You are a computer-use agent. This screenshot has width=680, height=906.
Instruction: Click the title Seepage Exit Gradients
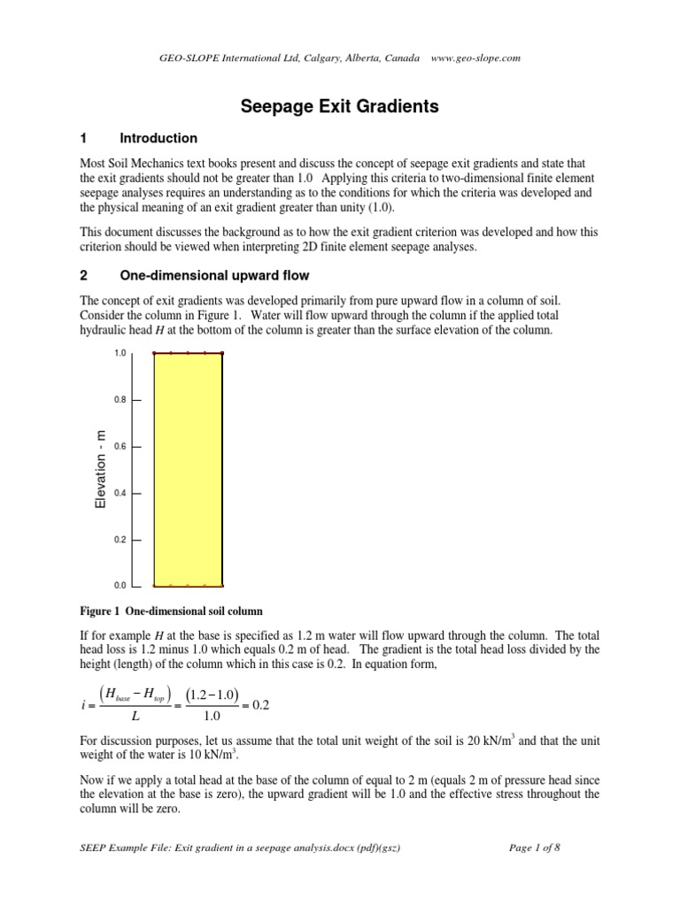pyautogui.click(x=340, y=107)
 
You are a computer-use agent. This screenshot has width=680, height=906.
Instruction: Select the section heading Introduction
pyautogui.click(x=158, y=139)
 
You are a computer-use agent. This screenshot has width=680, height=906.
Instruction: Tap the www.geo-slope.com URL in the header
pyautogui.click(x=475, y=58)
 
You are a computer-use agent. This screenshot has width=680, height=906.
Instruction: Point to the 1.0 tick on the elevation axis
pyautogui.click(x=120, y=354)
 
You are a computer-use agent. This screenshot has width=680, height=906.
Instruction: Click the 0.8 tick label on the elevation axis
pyautogui.click(x=120, y=400)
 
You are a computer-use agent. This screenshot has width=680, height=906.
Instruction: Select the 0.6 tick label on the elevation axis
pyautogui.click(x=120, y=447)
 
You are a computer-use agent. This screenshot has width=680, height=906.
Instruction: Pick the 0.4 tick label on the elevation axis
pyautogui.click(x=120, y=493)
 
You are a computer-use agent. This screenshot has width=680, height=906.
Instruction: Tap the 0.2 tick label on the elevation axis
pyautogui.click(x=120, y=540)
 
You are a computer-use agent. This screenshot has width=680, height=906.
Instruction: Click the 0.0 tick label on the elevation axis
pyautogui.click(x=120, y=586)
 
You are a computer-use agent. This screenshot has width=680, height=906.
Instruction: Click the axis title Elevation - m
pyautogui.click(x=100, y=468)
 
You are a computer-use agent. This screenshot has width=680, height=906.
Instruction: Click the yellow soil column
pyautogui.click(x=188, y=469)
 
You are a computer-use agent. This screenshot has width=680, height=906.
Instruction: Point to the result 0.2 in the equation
pyautogui.click(x=285, y=705)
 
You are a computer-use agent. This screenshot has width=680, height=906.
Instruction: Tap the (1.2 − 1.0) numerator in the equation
pyautogui.click(x=212, y=695)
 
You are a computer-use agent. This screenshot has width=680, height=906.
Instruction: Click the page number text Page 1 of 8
pyautogui.click(x=536, y=847)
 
